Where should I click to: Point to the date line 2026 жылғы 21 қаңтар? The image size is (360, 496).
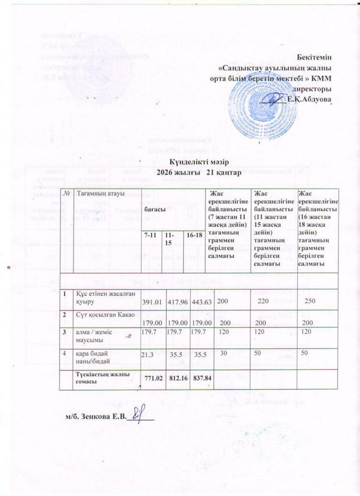click(x=197, y=172)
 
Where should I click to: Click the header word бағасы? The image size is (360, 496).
click(x=153, y=209)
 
